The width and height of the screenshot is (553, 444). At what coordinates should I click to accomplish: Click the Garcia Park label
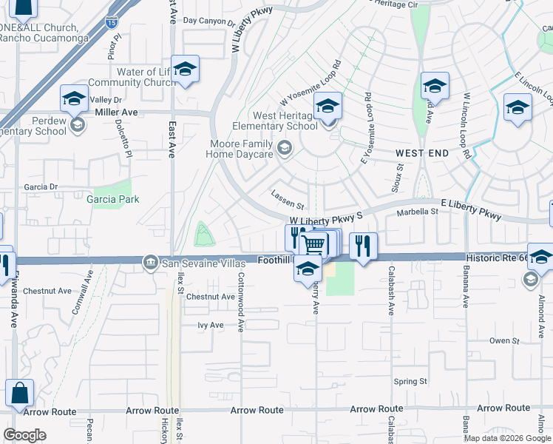pyautogui.click(x=112, y=199)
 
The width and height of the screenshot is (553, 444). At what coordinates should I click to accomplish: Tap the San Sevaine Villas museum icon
pyautogui.click(x=150, y=261)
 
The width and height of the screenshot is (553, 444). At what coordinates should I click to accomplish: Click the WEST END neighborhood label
pyautogui.click(x=421, y=152)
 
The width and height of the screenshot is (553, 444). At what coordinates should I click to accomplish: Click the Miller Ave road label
pyautogui.click(x=117, y=112)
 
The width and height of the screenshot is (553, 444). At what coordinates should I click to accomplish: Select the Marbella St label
pyautogui.click(x=418, y=212)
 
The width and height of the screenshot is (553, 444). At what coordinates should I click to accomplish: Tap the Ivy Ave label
pyautogui.click(x=210, y=325)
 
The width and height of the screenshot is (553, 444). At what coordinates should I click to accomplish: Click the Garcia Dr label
pyautogui.click(x=41, y=187)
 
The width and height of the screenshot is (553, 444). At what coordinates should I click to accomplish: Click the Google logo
pyautogui.click(x=24, y=434)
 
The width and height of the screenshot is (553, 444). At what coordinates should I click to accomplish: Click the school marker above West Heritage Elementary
pyautogui.click(x=328, y=106)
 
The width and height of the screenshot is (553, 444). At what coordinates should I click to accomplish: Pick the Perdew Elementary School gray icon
pyautogui.click(x=77, y=125)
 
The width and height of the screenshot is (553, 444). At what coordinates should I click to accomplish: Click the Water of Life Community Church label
pyautogui.click(x=131, y=78)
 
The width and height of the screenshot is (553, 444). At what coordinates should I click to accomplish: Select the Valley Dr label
pyautogui.click(x=105, y=100)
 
